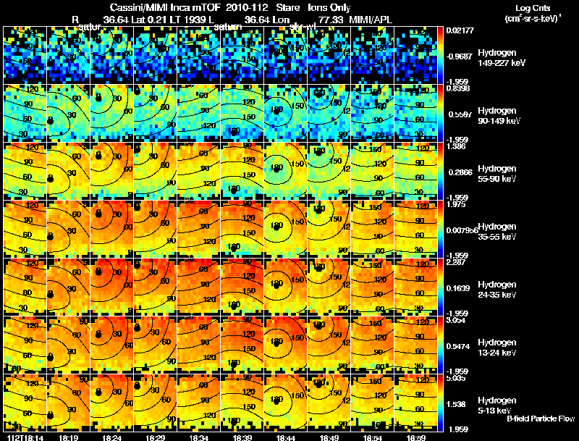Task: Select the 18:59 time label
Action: click(415, 437)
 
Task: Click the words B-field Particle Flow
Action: click(540, 419)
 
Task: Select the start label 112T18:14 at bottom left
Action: click(23, 437)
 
